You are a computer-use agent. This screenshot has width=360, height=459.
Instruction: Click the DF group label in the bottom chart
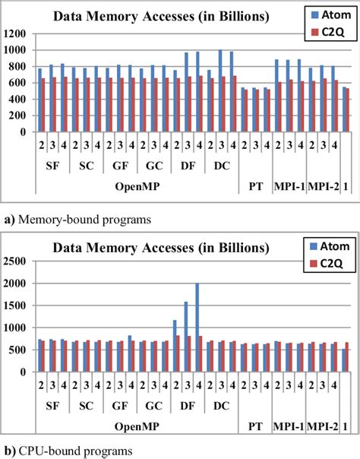(185, 407)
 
